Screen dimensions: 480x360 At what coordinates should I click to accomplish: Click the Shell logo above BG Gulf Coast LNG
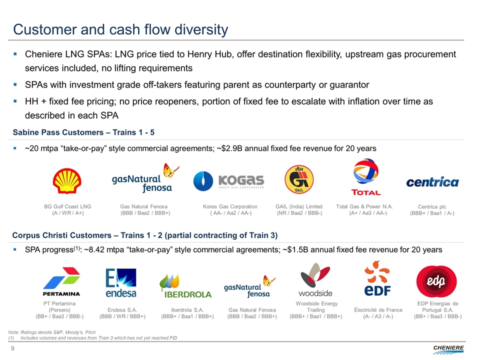67,181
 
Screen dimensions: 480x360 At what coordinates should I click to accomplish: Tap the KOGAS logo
228,181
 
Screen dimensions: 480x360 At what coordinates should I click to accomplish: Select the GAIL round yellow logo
299,179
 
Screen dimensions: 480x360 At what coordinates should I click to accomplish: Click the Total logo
366,177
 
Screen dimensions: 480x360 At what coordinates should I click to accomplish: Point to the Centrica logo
432,182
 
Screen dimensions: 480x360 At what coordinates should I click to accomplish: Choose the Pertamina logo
61,281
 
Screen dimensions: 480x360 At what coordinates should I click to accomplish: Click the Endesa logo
121,283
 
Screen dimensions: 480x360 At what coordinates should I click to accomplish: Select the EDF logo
377,278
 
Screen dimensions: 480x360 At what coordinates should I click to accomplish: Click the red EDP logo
436,281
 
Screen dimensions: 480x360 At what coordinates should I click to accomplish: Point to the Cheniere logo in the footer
448,349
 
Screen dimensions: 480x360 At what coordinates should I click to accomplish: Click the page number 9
12,348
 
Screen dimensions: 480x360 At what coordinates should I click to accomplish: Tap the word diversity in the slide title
201,29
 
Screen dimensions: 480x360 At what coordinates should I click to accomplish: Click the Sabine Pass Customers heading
83,132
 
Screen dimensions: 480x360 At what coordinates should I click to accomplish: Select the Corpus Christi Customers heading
145,235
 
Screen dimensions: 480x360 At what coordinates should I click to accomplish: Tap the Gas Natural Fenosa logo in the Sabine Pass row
145,178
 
